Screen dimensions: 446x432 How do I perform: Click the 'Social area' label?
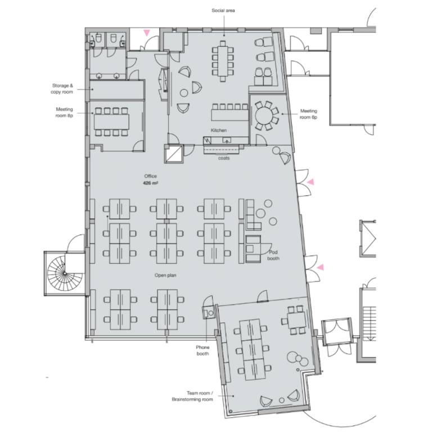tap(223, 11)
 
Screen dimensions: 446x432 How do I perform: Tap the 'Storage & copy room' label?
tap(62, 88)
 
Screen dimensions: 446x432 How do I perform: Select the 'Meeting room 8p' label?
tap(64, 112)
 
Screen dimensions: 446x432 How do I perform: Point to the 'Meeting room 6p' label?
tap(309, 114)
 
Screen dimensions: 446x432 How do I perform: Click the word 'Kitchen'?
tap(218, 130)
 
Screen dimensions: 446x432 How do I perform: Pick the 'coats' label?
tap(224, 158)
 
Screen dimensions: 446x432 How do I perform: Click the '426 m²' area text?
tap(150, 183)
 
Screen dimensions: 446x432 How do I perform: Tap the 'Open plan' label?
tap(165, 275)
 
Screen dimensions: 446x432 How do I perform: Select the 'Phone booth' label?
tap(202, 350)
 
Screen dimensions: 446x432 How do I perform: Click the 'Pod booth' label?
tap(273, 255)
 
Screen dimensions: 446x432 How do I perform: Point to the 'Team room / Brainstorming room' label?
tap(192, 396)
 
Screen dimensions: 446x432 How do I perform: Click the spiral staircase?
tap(65, 273)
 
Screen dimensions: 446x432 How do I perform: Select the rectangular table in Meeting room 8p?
tap(111, 121)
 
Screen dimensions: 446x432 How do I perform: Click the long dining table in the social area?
tap(223, 61)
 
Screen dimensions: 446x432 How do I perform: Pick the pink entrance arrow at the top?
tap(146, 33)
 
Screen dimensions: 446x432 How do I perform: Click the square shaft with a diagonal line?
tap(174, 154)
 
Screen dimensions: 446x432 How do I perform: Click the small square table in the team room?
tap(296, 320)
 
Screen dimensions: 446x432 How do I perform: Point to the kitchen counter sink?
tap(227, 140)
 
